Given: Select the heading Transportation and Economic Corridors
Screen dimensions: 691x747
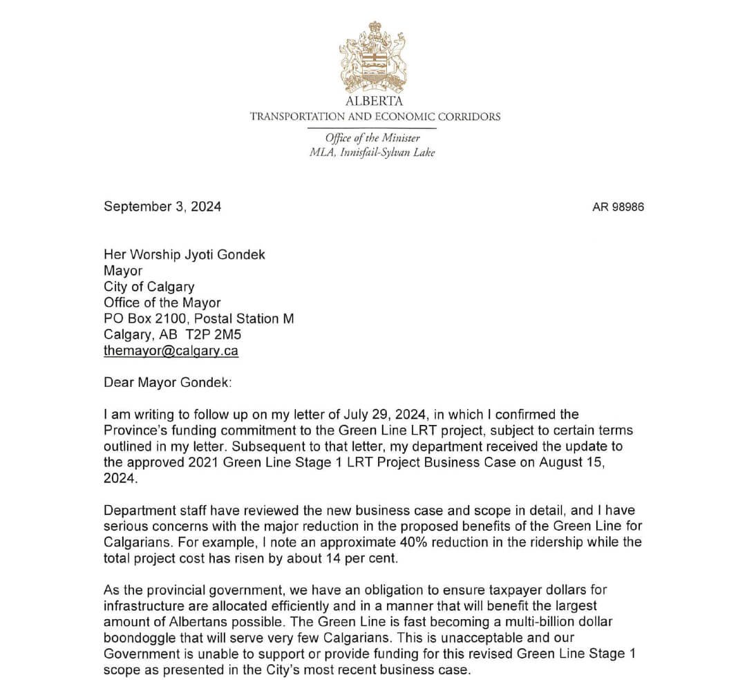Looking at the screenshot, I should (375, 116).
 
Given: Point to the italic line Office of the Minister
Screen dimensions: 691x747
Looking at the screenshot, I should (372, 138).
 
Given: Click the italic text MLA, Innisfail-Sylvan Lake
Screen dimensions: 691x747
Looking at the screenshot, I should (372, 153).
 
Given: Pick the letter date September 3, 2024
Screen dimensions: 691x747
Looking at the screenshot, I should (162, 206).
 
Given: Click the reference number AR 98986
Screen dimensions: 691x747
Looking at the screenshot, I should (618, 207).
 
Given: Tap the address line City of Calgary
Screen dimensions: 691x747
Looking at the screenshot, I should (149, 286).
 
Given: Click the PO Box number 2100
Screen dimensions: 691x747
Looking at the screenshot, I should (171, 319).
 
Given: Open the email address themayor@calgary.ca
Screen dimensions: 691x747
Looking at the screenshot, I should (171, 350).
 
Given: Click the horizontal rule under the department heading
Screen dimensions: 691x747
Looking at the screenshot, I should (372, 128).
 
